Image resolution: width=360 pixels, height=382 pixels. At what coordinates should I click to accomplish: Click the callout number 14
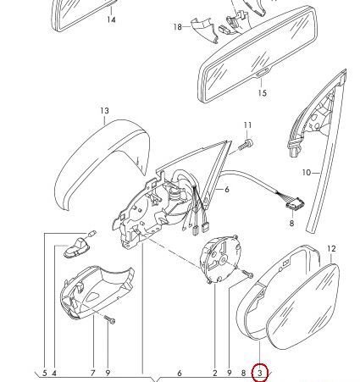pyautogui.click(x=112, y=19)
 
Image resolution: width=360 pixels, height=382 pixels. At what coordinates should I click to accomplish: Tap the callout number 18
pyautogui.click(x=178, y=27)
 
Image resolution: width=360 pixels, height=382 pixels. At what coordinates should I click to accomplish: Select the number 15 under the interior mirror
pyautogui.click(x=263, y=92)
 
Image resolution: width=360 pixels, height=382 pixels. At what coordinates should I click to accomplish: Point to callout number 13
pyautogui.click(x=104, y=111)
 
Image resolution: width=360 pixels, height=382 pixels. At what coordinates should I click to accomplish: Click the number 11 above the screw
pyautogui.click(x=247, y=125)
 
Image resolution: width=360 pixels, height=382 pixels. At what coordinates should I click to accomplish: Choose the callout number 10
pyautogui.click(x=307, y=172)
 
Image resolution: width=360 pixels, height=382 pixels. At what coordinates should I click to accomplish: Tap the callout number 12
pyautogui.click(x=332, y=249)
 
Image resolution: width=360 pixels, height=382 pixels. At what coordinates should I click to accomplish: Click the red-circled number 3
pyautogui.click(x=260, y=373)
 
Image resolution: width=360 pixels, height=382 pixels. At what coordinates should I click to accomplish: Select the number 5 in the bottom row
pyautogui.click(x=45, y=373)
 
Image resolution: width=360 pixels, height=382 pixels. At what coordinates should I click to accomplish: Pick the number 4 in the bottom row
pyautogui.click(x=54, y=373)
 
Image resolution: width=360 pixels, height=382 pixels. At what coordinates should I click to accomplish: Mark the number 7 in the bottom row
pyautogui.click(x=93, y=373)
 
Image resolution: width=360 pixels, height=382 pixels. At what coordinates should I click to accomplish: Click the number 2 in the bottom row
pyautogui.click(x=215, y=373)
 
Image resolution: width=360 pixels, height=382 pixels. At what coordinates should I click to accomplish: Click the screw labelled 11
pyautogui.click(x=246, y=145)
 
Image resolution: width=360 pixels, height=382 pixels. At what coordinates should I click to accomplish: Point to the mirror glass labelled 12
pyautogui.click(x=303, y=307)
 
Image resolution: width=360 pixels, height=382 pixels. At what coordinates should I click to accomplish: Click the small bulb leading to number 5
pyautogui.click(x=91, y=234)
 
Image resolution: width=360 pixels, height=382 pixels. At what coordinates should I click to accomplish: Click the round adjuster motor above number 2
pyautogui.click(x=221, y=258)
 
